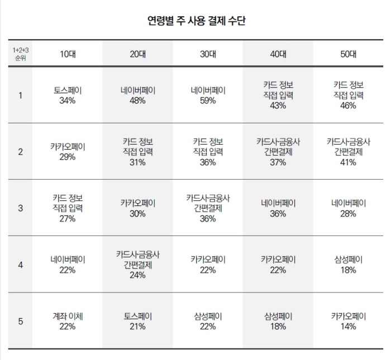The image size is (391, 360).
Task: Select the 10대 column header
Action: pos(68,54)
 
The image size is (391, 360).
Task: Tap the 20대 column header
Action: pos(137,54)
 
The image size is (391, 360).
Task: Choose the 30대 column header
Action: pos(208,54)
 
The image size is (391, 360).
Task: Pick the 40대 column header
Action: pos(278,54)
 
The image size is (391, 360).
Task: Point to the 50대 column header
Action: pos(348,54)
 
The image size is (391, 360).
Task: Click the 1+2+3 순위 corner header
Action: pos(20,54)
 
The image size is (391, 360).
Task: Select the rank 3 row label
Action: pos(20,208)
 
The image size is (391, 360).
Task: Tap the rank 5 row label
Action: pos(20,321)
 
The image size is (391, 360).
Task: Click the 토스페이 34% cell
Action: pos(68,95)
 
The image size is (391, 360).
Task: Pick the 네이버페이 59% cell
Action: pos(208,95)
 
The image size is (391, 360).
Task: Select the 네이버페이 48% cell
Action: pos(137,95)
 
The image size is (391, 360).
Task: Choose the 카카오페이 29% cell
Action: pos(68,152)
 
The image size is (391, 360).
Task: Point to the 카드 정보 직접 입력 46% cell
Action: pos(348,95)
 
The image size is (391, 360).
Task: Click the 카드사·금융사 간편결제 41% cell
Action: pos(348,152)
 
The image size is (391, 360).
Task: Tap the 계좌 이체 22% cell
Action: pos(68,321)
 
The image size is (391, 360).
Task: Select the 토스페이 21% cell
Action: pos(137,321)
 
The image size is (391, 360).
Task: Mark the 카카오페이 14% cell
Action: pos(348,321)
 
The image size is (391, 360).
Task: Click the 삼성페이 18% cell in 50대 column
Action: pos(348,265)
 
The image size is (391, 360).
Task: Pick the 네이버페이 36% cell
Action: pos(278,208)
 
